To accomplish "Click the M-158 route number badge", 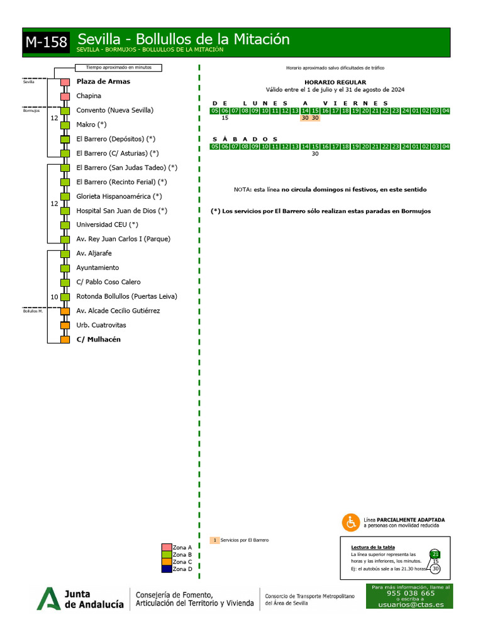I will coord(47,42).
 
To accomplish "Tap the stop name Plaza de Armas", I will coord(103,82).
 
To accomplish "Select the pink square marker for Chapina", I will coord(65,96).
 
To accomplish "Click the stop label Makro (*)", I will coord(91,125).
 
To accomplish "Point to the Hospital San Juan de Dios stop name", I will coord(121,211).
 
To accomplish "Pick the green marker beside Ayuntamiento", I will coord(65,268).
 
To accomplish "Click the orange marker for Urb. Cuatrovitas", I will coord(65,325).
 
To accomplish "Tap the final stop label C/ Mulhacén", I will coord(98,340).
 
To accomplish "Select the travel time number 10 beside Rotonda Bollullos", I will coord(54,296).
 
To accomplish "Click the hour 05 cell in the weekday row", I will coord(215,111).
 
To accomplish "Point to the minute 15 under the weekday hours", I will coord(225,118).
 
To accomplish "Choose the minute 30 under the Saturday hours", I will coord(315,153).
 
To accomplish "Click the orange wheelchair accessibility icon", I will coord(350,522).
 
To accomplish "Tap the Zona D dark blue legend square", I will coord(167,569).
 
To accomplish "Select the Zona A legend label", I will coord(182,547).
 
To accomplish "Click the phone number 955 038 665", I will coord(410,593).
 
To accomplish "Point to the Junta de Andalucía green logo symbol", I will coord(48,598).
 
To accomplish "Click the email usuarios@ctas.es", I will coord(410,604).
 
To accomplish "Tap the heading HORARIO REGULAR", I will coord(326,82).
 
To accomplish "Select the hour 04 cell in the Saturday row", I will coord(446,147).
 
